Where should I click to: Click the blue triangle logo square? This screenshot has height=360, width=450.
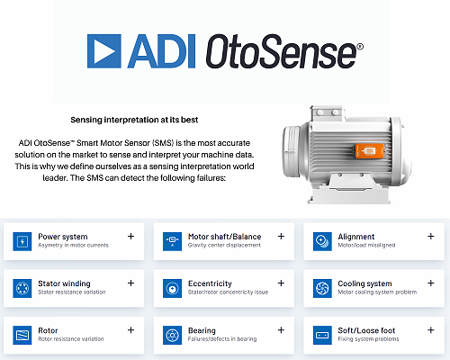104,51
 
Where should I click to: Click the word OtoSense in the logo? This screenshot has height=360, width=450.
284,51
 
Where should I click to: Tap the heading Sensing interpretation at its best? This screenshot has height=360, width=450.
134,120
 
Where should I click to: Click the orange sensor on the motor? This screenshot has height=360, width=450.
370,151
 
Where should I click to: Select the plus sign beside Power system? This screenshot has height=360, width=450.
130,237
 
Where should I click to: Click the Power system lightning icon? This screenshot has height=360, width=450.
22,241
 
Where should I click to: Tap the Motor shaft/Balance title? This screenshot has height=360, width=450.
224,237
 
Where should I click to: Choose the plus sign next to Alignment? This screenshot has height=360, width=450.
431,237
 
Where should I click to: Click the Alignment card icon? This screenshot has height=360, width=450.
322,241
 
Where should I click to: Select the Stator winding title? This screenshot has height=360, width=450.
64,283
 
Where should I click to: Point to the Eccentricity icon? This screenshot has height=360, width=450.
172,289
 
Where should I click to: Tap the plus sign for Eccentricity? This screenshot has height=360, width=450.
281,283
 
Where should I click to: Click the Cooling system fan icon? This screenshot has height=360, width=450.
322,289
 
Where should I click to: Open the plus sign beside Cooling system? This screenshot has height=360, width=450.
431,283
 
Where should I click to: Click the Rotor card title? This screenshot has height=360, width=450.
48,330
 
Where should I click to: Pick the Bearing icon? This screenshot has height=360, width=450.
172,336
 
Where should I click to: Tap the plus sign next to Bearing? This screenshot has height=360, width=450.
281,330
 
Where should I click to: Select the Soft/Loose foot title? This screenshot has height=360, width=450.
366,330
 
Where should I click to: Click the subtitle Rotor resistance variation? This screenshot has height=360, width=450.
71,339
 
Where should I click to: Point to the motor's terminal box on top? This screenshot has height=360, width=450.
327,113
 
